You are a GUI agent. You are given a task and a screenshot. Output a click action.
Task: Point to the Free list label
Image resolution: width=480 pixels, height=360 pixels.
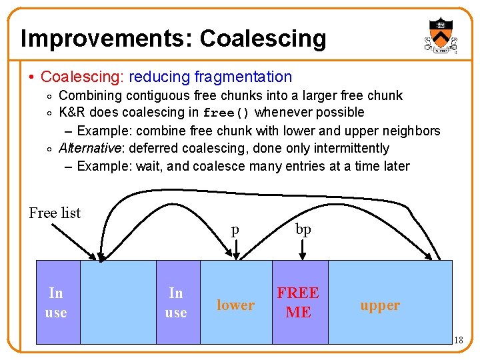55,213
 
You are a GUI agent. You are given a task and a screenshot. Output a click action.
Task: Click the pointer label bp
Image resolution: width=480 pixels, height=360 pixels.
303,229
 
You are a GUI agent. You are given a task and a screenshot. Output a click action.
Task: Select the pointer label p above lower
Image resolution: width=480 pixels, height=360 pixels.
235,231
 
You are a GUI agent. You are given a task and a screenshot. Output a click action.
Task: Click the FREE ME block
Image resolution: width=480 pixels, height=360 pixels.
299,302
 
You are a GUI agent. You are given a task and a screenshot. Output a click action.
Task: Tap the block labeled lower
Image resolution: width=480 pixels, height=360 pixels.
235,305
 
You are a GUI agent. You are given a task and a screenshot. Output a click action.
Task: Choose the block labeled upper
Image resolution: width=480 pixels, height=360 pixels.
380,305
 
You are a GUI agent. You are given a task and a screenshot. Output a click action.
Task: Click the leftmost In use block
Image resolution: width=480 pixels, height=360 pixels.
57,302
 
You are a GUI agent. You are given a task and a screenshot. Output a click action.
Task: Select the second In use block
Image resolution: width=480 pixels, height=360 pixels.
177,302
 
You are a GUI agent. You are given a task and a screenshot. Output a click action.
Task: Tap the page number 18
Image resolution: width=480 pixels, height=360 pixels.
458,341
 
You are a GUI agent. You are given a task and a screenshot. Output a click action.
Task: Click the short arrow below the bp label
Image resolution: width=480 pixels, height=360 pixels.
303,251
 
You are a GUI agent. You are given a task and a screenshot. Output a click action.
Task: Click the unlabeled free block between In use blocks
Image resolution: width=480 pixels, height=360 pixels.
118,302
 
